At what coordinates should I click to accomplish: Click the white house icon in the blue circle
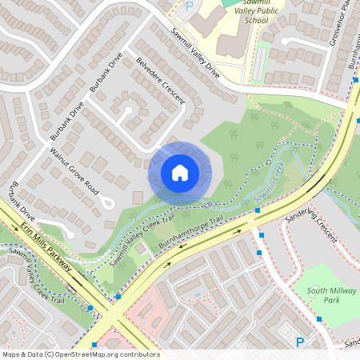[x=180, y=172]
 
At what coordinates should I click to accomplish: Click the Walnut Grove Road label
[x=74, y=173]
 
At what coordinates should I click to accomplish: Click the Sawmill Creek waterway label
[x=268, y=182]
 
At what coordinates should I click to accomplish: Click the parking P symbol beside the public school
[x=190, y=6]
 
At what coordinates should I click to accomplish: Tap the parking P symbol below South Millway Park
[x=300, y=342]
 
